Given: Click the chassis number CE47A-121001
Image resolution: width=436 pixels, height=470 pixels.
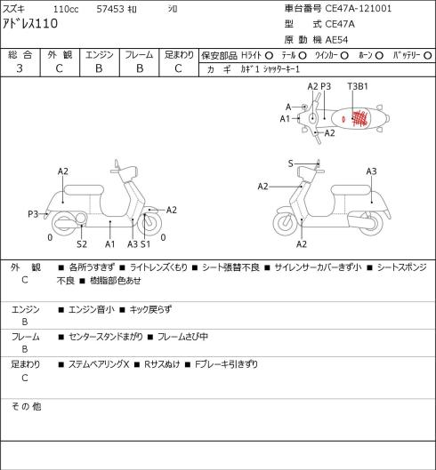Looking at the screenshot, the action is pos(359,8).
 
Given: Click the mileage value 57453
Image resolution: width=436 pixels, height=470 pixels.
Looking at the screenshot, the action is pos(110,9).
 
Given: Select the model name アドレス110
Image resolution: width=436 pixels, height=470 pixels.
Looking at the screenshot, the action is pos(30,23).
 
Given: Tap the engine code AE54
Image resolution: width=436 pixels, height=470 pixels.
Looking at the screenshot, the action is pos(336,40).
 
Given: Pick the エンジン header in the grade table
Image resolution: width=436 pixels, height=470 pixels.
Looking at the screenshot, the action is pos(100,55).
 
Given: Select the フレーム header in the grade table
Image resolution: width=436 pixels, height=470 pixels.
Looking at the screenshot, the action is pos(139,55).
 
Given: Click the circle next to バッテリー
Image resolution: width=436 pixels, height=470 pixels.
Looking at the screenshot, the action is pos(428,56).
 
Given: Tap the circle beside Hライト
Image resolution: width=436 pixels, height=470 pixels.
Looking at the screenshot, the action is pos(269,56).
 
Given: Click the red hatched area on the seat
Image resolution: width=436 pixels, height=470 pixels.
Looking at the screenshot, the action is pos(359,118).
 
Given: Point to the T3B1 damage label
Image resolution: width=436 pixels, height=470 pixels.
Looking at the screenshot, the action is pos(358,86).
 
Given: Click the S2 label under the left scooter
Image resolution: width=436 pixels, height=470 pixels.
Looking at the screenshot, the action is pos(82,244).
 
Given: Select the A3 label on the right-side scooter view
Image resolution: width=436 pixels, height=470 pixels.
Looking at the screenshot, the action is pos(371,171).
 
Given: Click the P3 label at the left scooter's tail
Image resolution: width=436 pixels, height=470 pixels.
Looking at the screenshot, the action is pos(33,214).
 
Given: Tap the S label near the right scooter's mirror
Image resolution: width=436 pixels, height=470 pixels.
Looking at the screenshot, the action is pos(290,163).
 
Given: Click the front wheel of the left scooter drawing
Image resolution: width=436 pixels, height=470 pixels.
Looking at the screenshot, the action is pos(149,224).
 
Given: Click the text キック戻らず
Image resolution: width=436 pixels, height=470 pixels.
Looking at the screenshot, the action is pos(150,309).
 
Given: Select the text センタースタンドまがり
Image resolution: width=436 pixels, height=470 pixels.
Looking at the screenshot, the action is pos(106,337).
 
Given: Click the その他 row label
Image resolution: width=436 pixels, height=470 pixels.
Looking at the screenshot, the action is pos(26,406).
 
